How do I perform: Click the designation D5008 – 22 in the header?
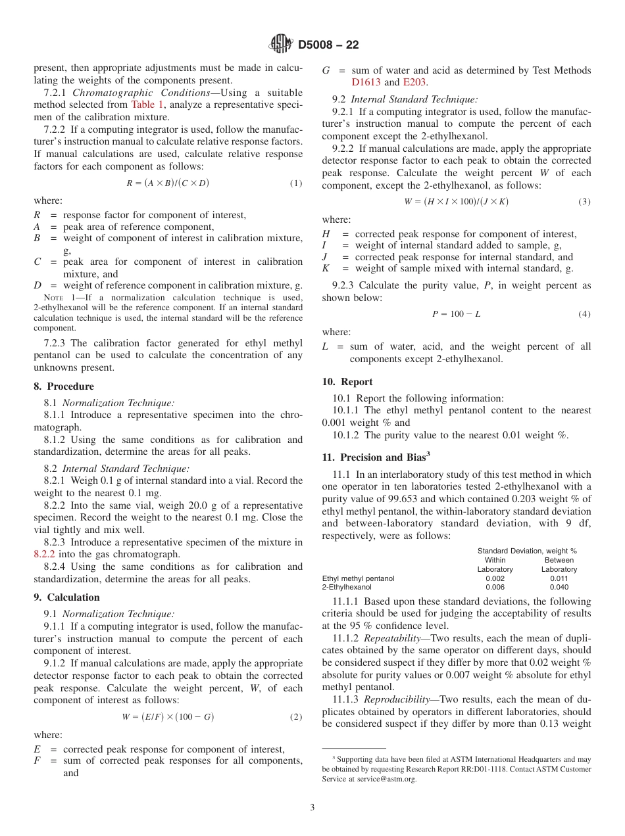tap(328, 45)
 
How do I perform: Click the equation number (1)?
tap(296, 183)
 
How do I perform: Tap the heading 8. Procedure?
tap(64, 386)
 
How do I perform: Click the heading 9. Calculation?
tap(66, 597)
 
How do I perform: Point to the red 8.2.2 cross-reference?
tap(45, 554)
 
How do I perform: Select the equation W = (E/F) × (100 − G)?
tap(168, 716)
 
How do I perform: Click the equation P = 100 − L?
tap(456, 313)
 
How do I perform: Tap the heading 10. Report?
tap(347, 382)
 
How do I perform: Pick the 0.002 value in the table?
tap(495, 578)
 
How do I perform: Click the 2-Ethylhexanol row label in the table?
tap(347, 587)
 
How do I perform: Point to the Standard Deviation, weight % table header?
tap(526, 551)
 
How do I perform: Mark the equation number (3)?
tap(584, 202)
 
